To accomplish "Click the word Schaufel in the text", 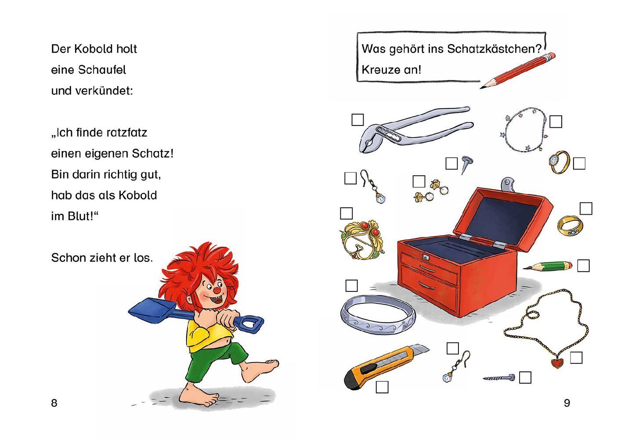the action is coord(102,70).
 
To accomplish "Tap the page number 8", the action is coord(54,403).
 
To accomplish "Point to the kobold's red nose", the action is coord(217,291).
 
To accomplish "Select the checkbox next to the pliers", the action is coord(357,120).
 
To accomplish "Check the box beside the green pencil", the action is coord(583,266).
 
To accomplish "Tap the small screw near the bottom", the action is coord(499,378).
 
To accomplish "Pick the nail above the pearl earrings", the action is coord(467,164).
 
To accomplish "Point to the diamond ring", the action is coord(559,162).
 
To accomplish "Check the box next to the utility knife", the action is coord(382,387).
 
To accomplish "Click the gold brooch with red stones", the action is coord(361,240).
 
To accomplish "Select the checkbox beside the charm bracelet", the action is coord(556,122).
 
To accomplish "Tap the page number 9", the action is coord(567,403).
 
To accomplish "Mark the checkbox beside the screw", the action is coord(525,378).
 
